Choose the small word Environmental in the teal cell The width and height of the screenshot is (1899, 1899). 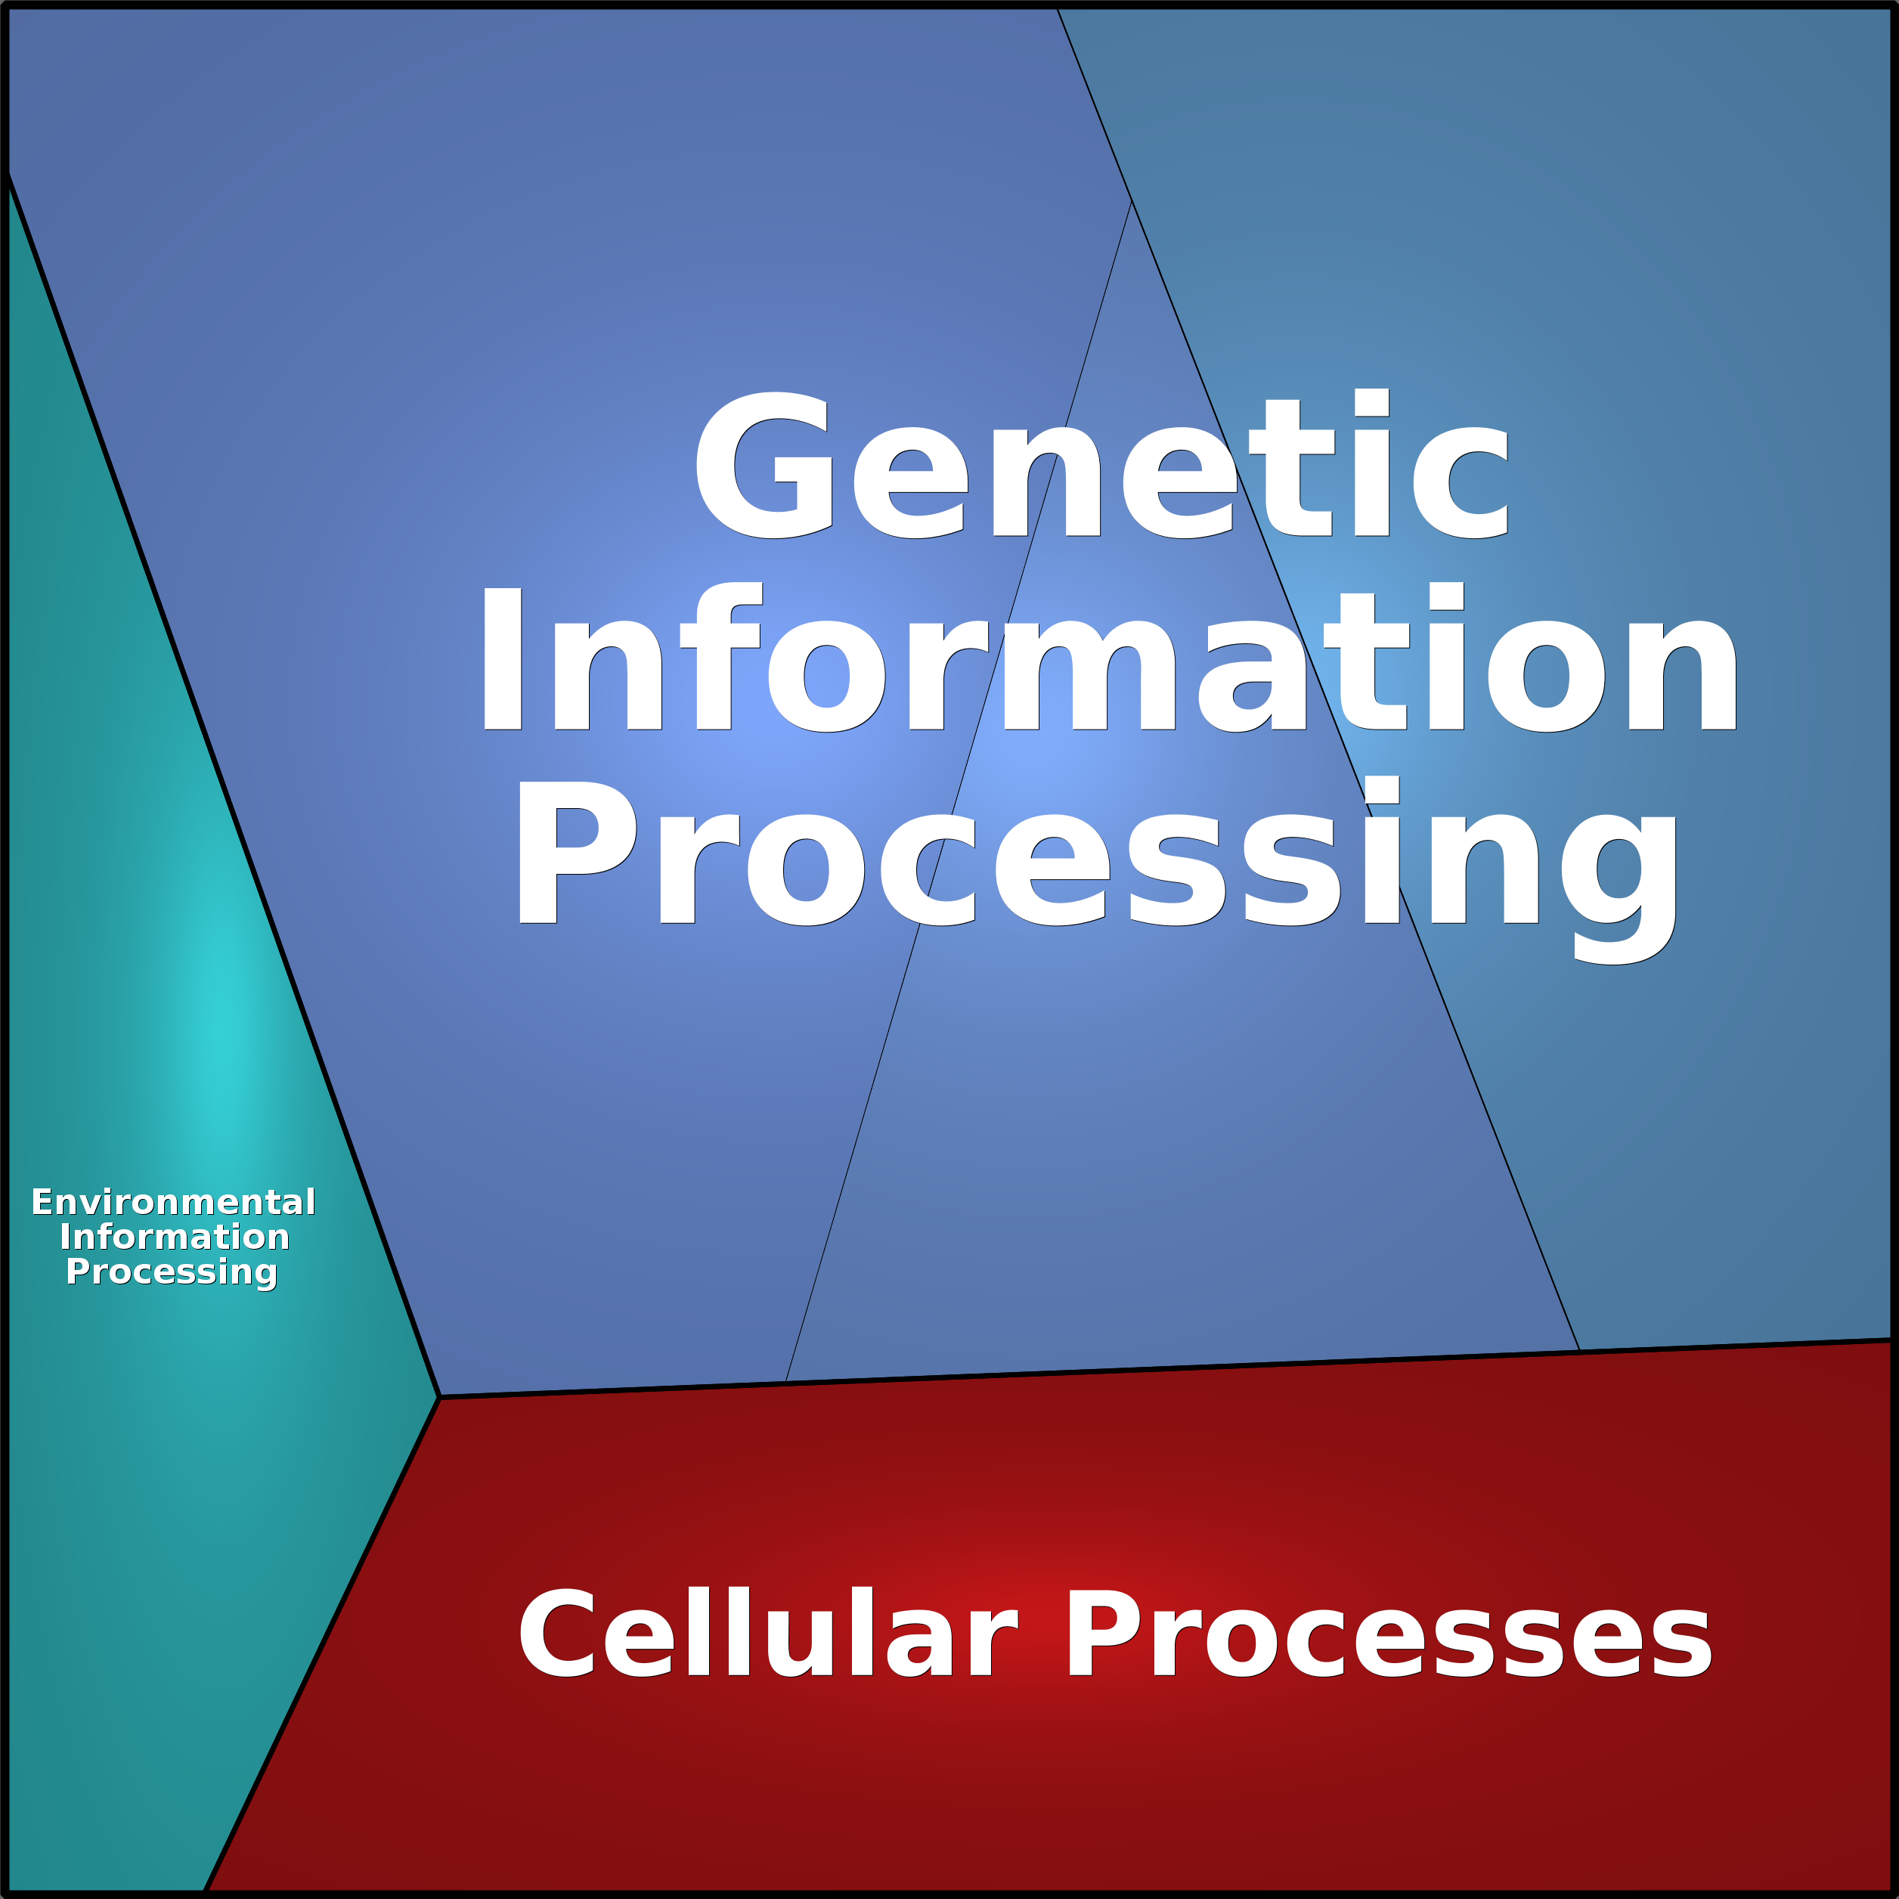[173, 1202]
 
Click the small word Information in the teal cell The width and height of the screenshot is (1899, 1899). [174, 1237]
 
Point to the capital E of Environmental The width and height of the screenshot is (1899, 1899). [42, 1202]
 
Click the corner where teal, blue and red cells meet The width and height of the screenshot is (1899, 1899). [438, 1397]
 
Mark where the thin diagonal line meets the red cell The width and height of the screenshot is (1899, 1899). [785, 1381]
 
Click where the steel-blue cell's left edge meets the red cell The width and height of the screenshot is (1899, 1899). [1578, 1350]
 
